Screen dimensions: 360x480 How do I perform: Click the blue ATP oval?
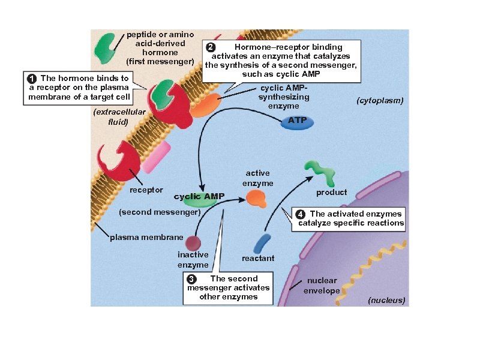click(x=297, y=121)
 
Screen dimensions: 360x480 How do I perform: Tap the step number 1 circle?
click(x=31, y=79)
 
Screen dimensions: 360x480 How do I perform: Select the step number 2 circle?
click(x=209, y=47)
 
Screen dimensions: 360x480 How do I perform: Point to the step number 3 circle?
click(x=191, y=279)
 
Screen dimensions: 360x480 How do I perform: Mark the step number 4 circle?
click(x=300, y=214)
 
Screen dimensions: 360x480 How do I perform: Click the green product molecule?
click(x=321, y=173)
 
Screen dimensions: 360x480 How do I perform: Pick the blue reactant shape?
click(x=262, y=243)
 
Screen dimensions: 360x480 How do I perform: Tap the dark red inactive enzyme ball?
click(x=193, y=243)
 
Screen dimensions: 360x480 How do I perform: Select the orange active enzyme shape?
click(x=256, y=198)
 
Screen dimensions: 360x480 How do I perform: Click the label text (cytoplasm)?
click(x=380, y=101)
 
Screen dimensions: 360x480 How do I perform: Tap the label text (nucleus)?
click(x=386, y=300)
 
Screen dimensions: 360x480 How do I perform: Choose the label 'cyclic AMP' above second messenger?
click(x=199, y=196)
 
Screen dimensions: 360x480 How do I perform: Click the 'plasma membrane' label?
click(x=146, y=238)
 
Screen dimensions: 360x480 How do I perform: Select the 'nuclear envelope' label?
click(x=322, y=286)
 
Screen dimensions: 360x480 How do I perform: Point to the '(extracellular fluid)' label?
click(x=119, y=117)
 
